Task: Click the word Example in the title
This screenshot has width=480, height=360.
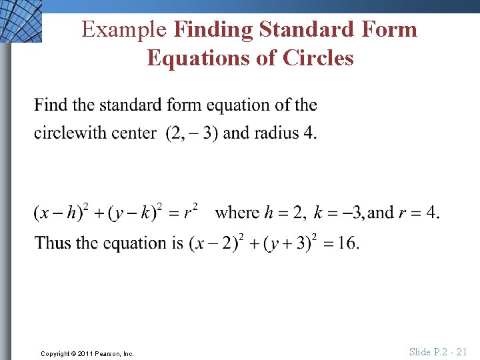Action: (124, 29)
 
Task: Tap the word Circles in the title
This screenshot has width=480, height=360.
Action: (318, 58)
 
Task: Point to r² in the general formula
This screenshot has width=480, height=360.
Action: (191, 212)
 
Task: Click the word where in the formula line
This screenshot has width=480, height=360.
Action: (237, 213)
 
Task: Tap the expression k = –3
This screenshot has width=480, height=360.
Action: (339, 213)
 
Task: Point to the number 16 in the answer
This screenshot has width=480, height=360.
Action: (347, 243)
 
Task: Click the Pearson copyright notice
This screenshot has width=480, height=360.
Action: (87, 353)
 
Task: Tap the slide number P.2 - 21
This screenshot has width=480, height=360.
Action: (438, 352)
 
